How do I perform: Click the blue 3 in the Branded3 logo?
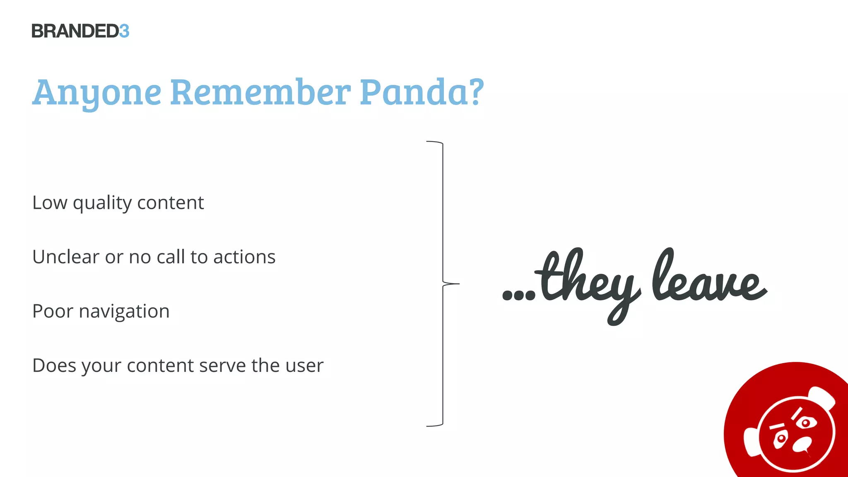pos(124,31)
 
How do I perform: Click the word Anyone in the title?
pos(96,93)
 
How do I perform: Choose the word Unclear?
pos(66,257)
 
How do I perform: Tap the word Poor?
pos(52,311)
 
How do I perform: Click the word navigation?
pos(124,312)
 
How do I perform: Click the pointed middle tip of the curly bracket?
pos(458,284)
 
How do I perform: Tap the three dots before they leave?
pos(518,295)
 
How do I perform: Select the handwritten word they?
pos(588,282)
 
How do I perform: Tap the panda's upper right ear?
pos(822,397)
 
